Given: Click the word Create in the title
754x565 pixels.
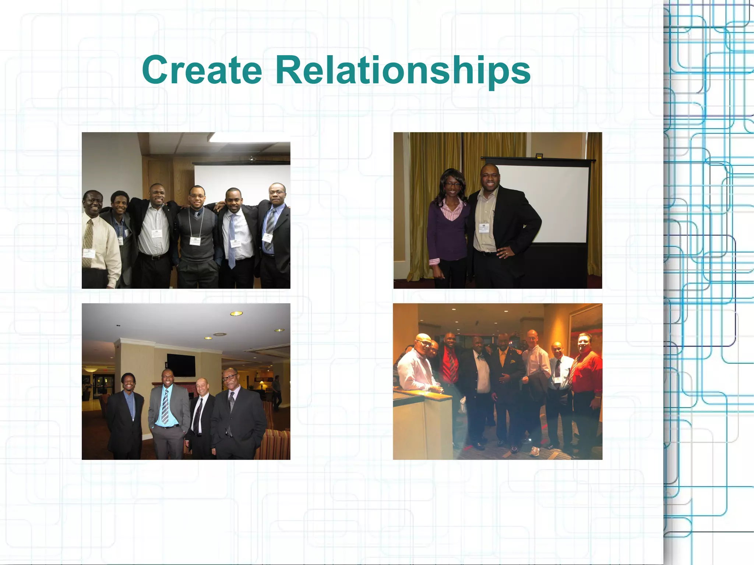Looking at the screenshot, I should (202, 70).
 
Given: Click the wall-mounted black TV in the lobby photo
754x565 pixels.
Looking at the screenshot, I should (181, 365).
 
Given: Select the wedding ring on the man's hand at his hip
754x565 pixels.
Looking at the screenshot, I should (506, 253).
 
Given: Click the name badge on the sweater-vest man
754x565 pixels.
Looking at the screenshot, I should (195, 241).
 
